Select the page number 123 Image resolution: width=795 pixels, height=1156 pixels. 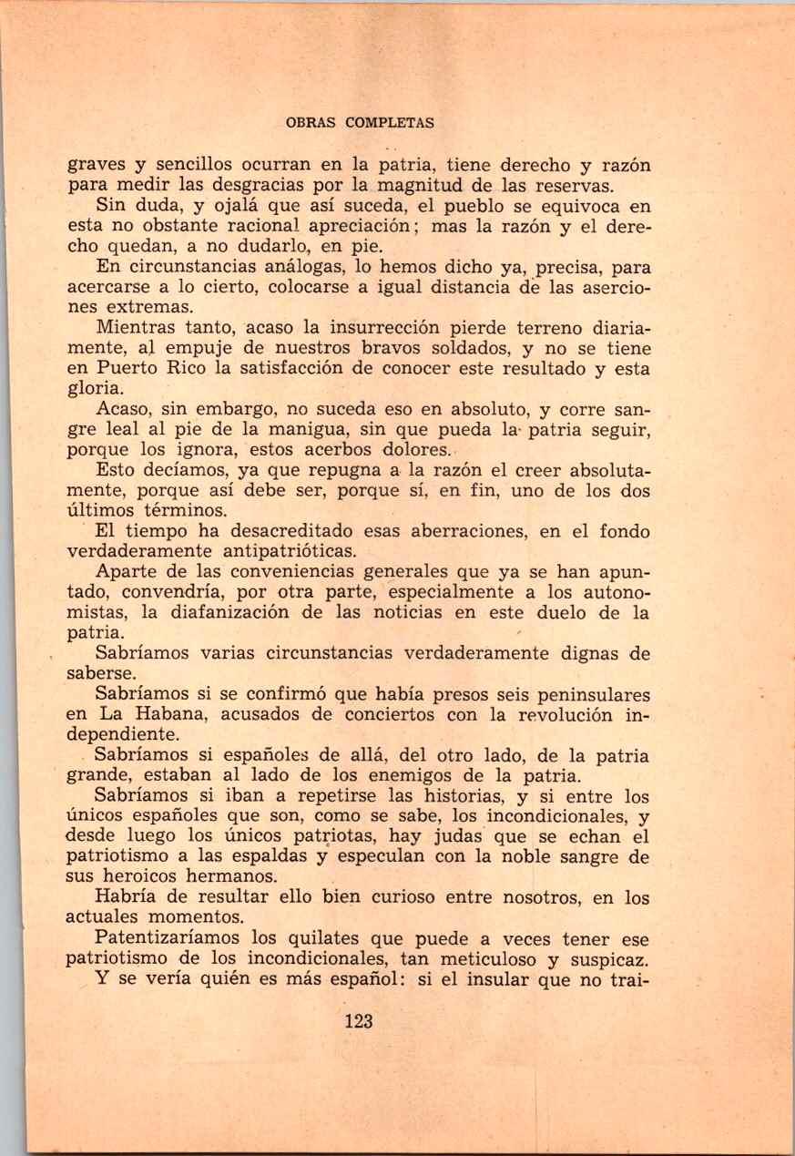(360, 1021)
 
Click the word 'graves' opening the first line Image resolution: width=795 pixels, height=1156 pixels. (96, 166)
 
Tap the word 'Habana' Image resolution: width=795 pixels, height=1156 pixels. (145, 714)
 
